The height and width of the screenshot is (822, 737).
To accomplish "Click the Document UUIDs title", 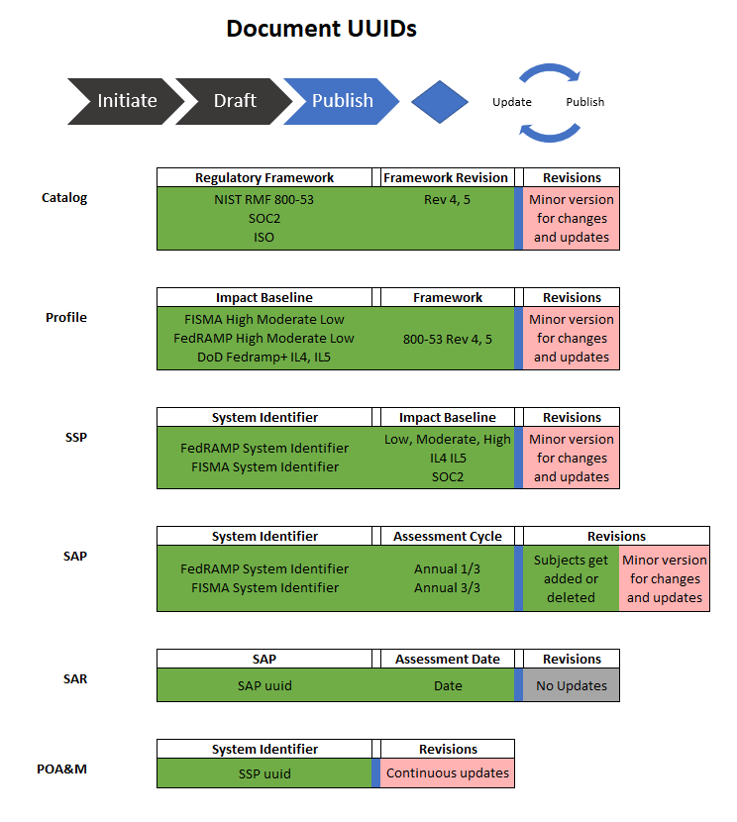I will (x=321, y=29).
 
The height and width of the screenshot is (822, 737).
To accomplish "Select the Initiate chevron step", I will (x=126, y=101).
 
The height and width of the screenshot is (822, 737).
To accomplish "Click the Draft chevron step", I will (x=235, y=101).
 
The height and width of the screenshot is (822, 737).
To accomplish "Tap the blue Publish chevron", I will (x=342, y=101).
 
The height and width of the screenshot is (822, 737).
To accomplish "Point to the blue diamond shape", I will (x=439, y=101).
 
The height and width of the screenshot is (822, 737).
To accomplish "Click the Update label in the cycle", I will (x=512, y=102).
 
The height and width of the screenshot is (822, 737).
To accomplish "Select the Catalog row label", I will (x=64, y=198).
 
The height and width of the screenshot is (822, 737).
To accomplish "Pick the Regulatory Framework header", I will (x=264, y=178).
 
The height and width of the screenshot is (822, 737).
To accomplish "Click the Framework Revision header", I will (x=446, y=178).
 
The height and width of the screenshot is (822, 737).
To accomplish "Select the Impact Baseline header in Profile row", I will (x=264, y=298).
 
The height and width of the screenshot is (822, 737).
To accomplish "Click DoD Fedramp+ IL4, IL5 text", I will (x=264, y=357).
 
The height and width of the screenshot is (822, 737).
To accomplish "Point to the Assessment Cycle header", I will (x=448, y=537).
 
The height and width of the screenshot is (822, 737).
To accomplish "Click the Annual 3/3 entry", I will (x=448, y=587).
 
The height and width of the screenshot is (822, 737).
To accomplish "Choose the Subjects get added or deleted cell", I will (x=572, y=579).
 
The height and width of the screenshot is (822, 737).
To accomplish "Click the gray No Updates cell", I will (x=572, y=685).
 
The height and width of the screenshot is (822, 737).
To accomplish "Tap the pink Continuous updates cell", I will (x=448, y=772).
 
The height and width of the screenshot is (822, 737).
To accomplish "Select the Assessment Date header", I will (x=448, y=660).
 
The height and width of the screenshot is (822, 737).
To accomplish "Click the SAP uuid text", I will (x=264, y=685).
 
